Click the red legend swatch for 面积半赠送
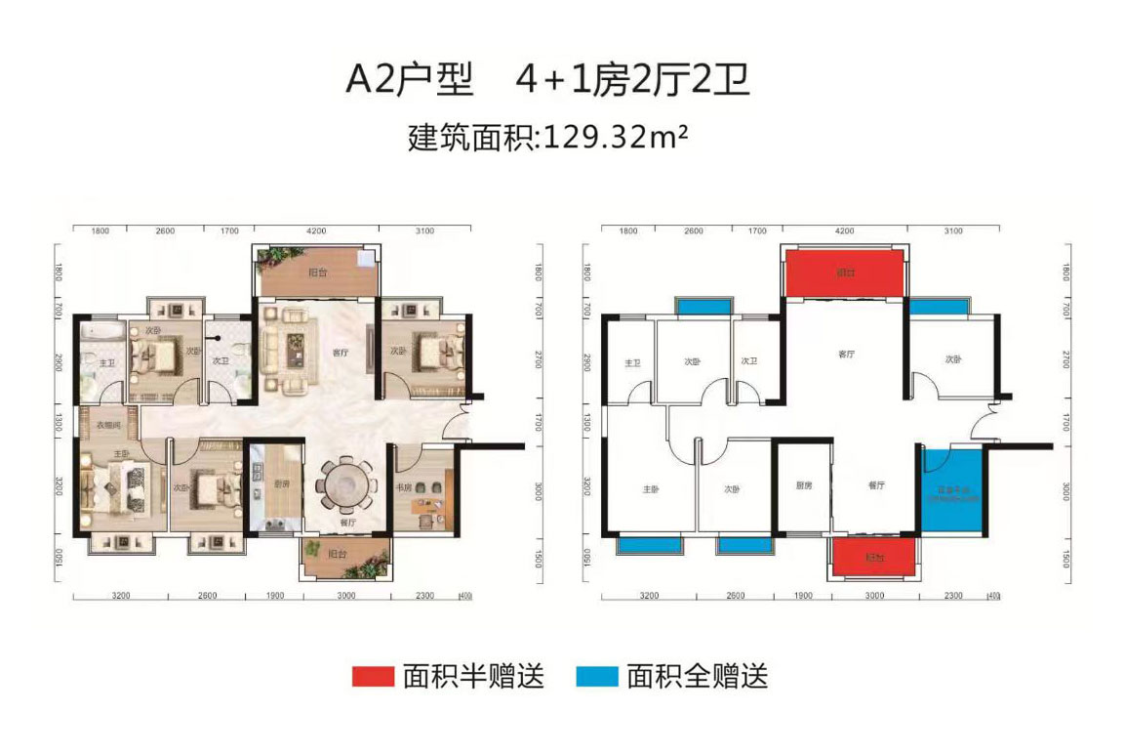click(373, 677)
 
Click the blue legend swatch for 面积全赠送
click(596, 677)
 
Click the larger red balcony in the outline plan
click(844, 273)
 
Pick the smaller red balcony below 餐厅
click(874, 558)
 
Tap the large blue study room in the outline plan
click(952, 488)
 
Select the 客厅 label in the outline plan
click(846, 354)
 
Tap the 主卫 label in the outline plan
click(630, 363)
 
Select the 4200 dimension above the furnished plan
click(314, 231)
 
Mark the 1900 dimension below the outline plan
click(801, 595)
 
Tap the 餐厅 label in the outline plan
click(874, 484)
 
